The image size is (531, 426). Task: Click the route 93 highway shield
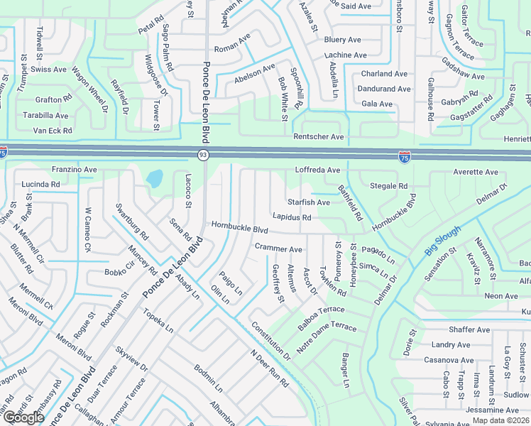pyautogui.click(x=203, y=154)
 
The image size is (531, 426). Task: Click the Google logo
pyautogui.click(x=23, y=417)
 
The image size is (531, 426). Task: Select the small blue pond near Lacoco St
pyautogui.click(x=155, y=178)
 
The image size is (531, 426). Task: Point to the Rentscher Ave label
pyautogui.click(x=319, y=137)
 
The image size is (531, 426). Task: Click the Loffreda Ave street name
pyautogui.click(x=317, y=170)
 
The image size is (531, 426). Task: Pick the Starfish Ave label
pyautogui.click(x=308, y=202)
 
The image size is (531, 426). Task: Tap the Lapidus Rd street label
pyautogui.click(x=292, y=217)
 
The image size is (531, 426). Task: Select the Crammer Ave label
pyautogui.click(x=278, y=249)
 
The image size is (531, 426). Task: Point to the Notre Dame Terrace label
pyautogui.click(x=326, y=336)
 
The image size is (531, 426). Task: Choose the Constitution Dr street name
pyautogui.click(x=270, y=340)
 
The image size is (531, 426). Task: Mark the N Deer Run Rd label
pyautogui.click(x=269, y=368)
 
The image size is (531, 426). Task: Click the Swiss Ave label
pyautogui.click(x=50, y=70)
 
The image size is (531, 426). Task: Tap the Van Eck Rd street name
pyautogui.click(x=53, y=131)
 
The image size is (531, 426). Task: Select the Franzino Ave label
pyautogui.click(x=74, y=170)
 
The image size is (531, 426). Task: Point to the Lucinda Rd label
pyautogui.click(x=40, y=184)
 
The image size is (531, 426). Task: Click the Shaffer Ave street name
pyautogui.click(x=469, y=330)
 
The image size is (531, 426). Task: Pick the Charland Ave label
pyautogui.click(x=384, y=74)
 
